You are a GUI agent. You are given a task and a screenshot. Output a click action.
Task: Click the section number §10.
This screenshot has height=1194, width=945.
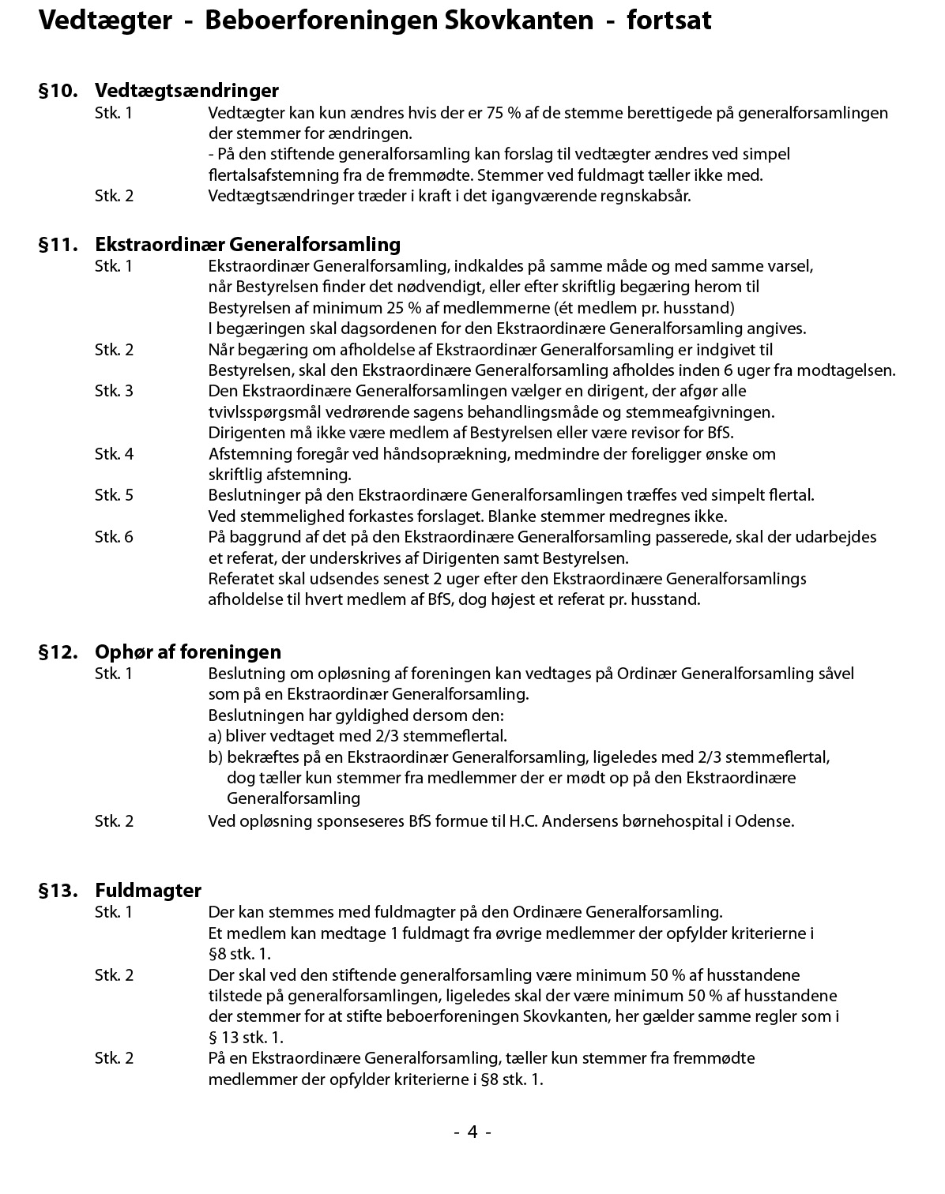tap(58, 91)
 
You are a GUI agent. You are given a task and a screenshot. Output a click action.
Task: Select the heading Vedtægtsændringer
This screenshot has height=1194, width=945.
tap(186, 91)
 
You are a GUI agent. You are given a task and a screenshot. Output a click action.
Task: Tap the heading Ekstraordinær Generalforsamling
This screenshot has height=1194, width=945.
tap(247, 244)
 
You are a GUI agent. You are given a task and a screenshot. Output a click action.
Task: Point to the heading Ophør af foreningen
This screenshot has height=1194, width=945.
tap(188, 651)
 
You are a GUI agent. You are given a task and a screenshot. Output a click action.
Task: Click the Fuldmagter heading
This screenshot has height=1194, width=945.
tap(148, 890)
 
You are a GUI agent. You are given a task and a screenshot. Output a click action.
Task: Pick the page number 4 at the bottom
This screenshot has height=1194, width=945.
tap(472, 1132)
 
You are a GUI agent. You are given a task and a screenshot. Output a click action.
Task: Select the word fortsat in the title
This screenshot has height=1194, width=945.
tap(668, 21)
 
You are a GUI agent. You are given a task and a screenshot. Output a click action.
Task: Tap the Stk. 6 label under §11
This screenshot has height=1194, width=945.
tap(114, 537)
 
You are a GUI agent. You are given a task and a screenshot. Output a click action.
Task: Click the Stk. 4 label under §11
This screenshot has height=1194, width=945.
tap(114, 453)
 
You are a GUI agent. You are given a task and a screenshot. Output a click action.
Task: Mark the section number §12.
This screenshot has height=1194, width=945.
tap(58, 651)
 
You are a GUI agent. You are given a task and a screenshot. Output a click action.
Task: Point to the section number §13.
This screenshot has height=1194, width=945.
tap(58, 890)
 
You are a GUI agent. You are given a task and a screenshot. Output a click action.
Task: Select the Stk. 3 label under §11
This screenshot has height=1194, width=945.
tap(114, 391)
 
